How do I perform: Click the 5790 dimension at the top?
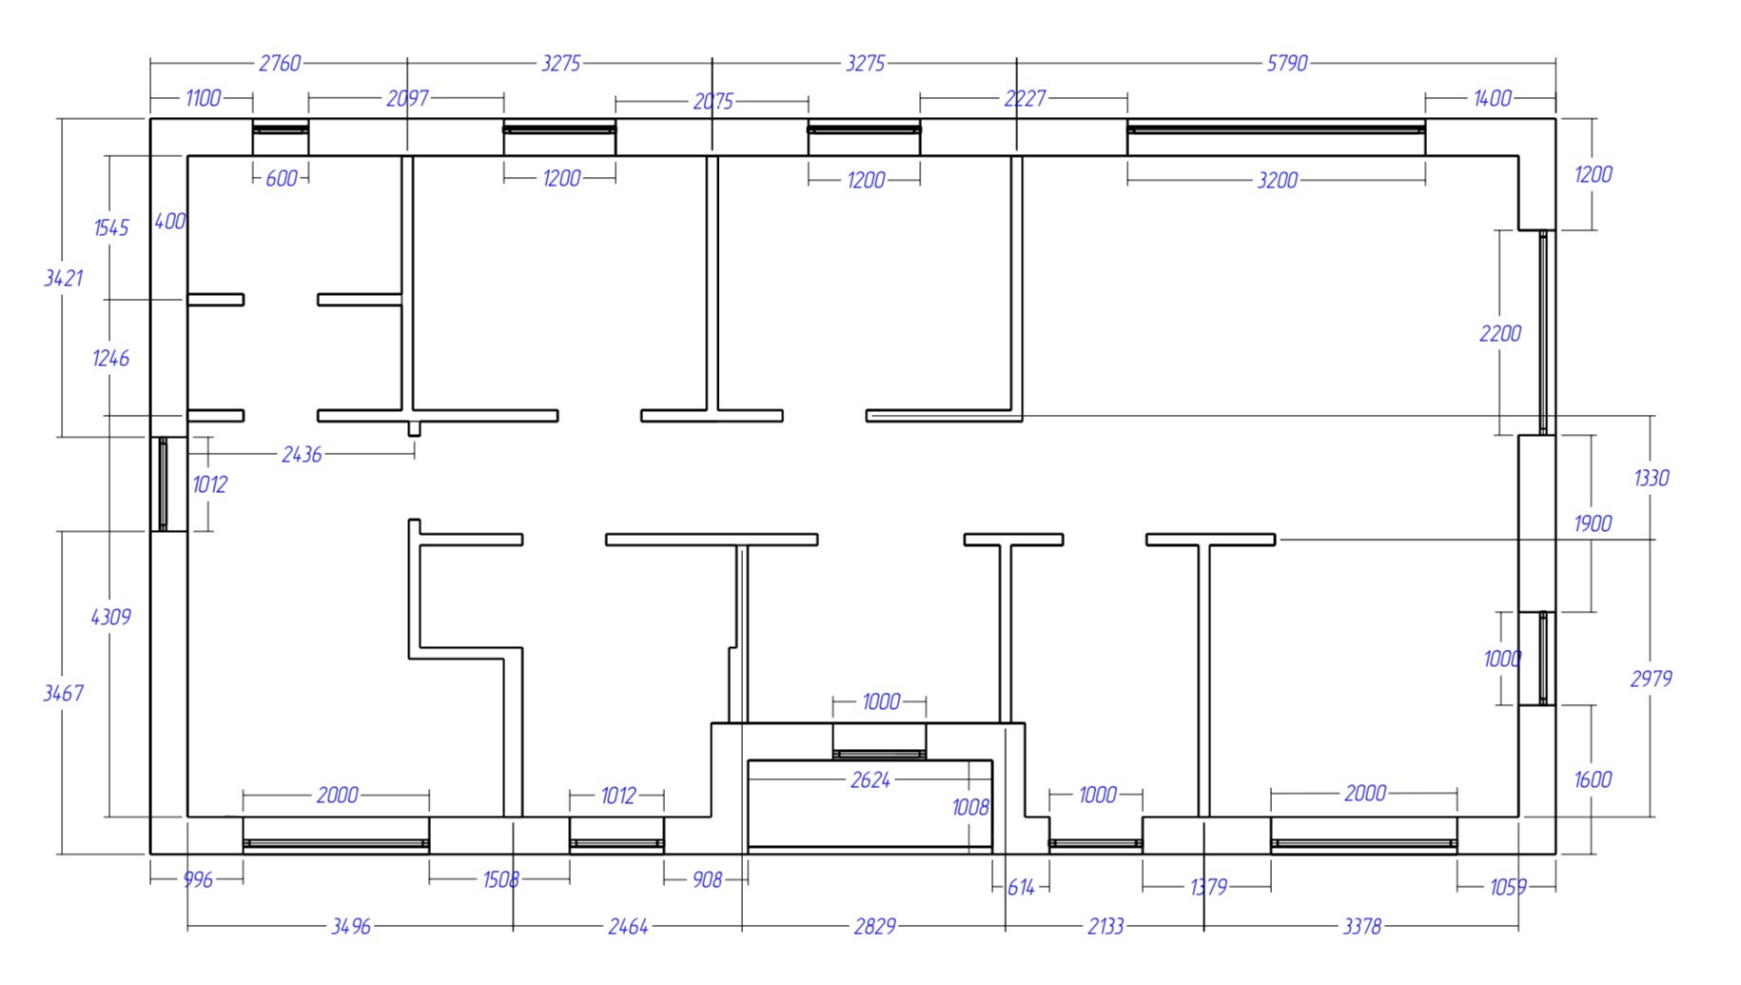click(x=1286, y=64)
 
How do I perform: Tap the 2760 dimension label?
click(x=280, y=64)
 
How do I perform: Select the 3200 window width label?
click(x=1277, y=181)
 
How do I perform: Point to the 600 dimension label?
click(x=282, y=179)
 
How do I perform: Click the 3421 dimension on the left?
click(x=64, y=278)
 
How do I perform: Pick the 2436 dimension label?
click(x=302, y=455)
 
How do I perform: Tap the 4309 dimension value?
click(x=110, y=618)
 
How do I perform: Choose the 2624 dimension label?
click(x=870, y=780)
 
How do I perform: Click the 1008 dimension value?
click(x=970, y=808)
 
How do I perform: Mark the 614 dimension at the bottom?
click(x=1020, y=888)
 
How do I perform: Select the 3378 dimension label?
click(x=1360, y=926)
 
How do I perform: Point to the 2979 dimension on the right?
click(x=1651, y=679)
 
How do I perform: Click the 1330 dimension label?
click(x=1651, y=478)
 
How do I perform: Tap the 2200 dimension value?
click(x=1499, y=334)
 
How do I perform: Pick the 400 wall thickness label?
click(x=169, y=222)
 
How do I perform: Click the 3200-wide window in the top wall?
click(x=1276, y=128)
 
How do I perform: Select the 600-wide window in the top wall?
click(x=281, y=129)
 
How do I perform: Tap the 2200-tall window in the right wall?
click(x=1543, y=332)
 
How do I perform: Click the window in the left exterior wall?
click(x=163, y=483)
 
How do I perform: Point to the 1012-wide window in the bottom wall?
click(x=616, y=843)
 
